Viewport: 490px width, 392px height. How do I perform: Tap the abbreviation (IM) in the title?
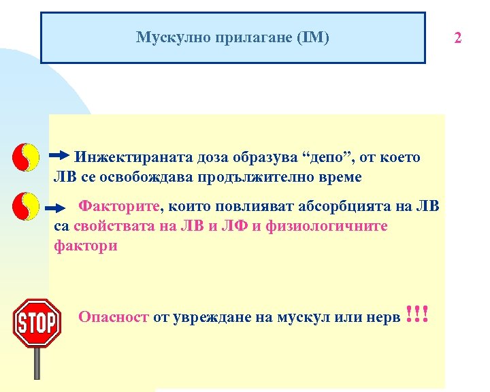click(312, 37)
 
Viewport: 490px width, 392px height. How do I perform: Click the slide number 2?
click(458, 37)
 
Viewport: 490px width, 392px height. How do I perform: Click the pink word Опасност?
click(113, 316)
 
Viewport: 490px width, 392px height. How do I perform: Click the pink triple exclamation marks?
click(416, 313)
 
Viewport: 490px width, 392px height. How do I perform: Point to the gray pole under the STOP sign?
click(37, 363)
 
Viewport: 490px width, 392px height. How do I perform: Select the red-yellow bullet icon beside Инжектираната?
click(26, 157)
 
